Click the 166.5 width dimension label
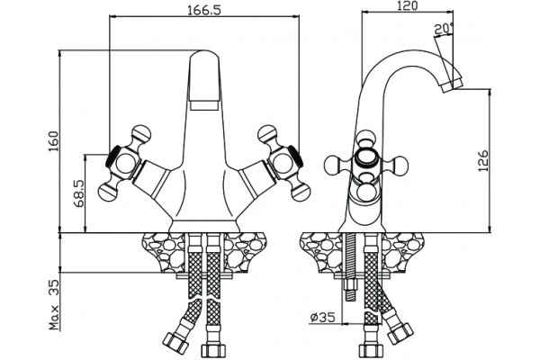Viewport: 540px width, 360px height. pyautogui.click(x=204, y=10)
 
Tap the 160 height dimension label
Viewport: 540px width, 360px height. pyautogui.click(x=53, y=141)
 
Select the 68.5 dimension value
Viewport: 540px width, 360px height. pyautogui.click(x=79, y=193)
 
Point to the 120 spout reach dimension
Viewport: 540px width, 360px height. pyautogui.click(x=408, y=6)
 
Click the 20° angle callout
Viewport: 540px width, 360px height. pyautogui.click(x=445, y=30)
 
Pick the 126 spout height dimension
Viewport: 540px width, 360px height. pyautogui.click(x=483, y=160)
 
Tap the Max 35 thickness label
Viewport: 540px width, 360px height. pyautogui.click(x=54, y=304)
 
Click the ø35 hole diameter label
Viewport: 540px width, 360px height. pyautogui.click(x=322, y=318)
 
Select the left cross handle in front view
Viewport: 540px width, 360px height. pyautogui.click(x=124, y=163)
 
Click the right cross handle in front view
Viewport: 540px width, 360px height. pyautogui.click(x=284, y=163)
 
